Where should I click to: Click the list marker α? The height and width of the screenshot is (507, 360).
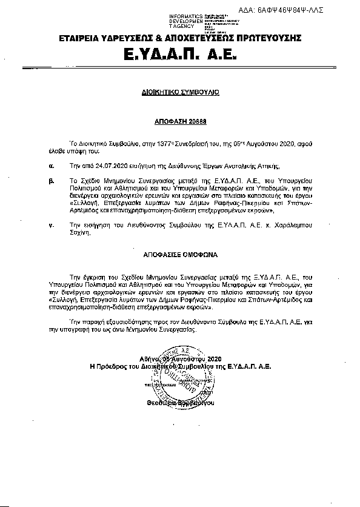click(x=52, y=164)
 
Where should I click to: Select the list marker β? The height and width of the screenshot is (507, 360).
click(x=52, y=180)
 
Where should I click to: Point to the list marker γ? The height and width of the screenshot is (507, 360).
click(x=52, y=224)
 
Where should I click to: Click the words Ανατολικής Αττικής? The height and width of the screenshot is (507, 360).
click(x=255, y=164)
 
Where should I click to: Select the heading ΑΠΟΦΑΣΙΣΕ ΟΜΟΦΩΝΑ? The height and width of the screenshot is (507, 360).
click(x=179, y=257)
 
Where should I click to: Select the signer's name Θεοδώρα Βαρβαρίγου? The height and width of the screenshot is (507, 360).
click(x=180, y=403)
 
